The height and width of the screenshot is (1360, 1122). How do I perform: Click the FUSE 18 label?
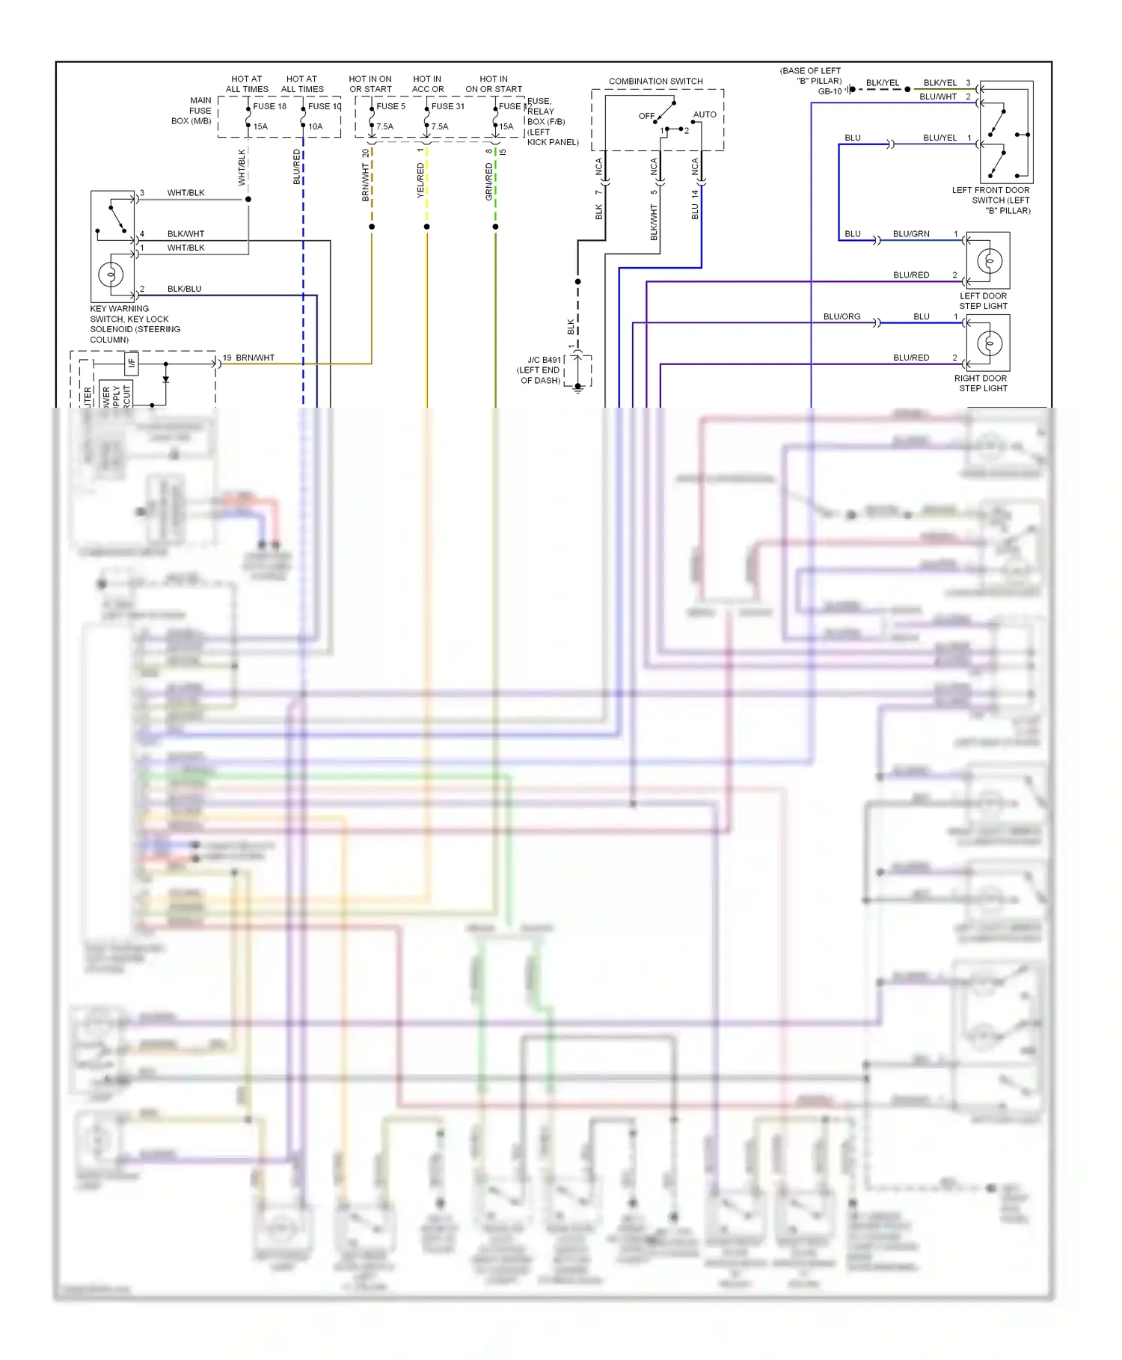point(269,106)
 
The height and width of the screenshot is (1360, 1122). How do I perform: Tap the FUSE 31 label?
point(448,106)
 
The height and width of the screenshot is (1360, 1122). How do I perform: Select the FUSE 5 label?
point(390,106)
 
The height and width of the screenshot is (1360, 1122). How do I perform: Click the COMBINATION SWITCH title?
point(655,81)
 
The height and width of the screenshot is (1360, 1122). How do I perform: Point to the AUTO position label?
point(705,114)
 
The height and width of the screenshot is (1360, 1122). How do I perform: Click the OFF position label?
point(646,116)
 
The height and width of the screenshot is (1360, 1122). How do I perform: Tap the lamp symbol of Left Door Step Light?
point(990,261)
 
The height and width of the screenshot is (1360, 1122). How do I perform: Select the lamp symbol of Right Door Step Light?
point(990,343)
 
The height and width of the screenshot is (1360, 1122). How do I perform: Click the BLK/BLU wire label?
point(184,289)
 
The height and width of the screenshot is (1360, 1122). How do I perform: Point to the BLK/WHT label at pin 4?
point(186,234)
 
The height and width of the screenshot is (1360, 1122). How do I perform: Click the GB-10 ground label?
point(830,91)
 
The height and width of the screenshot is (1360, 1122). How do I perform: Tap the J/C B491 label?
point(544,360)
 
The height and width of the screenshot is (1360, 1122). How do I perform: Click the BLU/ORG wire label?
point(841,316)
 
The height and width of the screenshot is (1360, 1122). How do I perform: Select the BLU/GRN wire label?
point(911,234)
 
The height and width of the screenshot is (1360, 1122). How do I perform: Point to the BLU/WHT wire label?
point(938,97)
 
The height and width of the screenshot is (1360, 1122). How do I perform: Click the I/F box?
point(132,364)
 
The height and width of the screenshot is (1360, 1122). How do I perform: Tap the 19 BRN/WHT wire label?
point(248,358)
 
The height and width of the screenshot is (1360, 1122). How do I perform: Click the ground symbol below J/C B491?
point(578,388)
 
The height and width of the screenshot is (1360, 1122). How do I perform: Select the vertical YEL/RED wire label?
point(420,180)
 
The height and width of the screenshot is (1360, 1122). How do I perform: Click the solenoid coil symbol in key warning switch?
point(111,275)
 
